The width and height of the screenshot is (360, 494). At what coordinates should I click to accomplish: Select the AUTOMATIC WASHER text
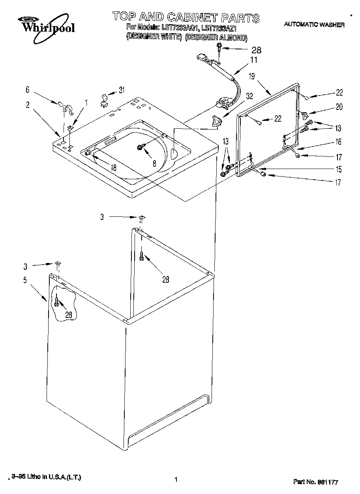(314, 24)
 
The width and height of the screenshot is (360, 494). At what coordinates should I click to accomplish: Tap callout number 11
(253, 60)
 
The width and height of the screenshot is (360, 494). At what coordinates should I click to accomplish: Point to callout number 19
(251, 76)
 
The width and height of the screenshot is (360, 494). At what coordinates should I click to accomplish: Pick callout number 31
(122, 90)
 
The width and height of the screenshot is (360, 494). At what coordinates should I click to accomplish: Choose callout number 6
(28, 90)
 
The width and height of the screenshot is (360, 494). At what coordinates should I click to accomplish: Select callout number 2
(28, 105)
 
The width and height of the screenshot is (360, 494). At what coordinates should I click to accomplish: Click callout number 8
(154, 163)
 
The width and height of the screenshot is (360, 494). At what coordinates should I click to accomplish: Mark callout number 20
(339, 107)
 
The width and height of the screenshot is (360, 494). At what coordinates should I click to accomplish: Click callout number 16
(338, 142)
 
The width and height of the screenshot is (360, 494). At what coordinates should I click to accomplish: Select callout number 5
(25, 280)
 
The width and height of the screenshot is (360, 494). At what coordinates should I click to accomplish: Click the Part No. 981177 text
(316, 482)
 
